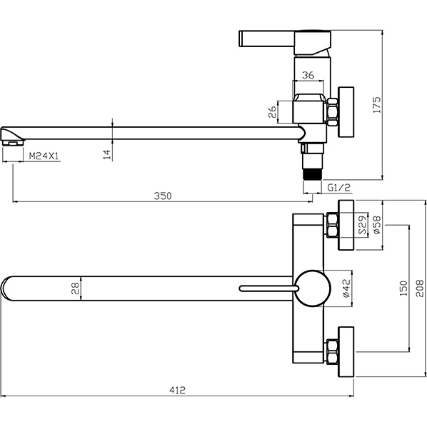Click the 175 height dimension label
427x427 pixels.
tap(377, 105)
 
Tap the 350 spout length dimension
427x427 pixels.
tap(163, 196)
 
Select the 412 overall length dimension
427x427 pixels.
tap(177, 391)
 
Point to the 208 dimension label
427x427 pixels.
tap(420, 288)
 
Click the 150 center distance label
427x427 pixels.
tap(404, 288)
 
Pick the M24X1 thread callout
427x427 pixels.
tap(44, 156)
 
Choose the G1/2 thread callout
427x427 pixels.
tap(338, 188)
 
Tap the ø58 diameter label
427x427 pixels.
tap(377, 225)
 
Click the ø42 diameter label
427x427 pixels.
tap(346, 288)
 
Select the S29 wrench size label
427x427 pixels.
tap(362, 225)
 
